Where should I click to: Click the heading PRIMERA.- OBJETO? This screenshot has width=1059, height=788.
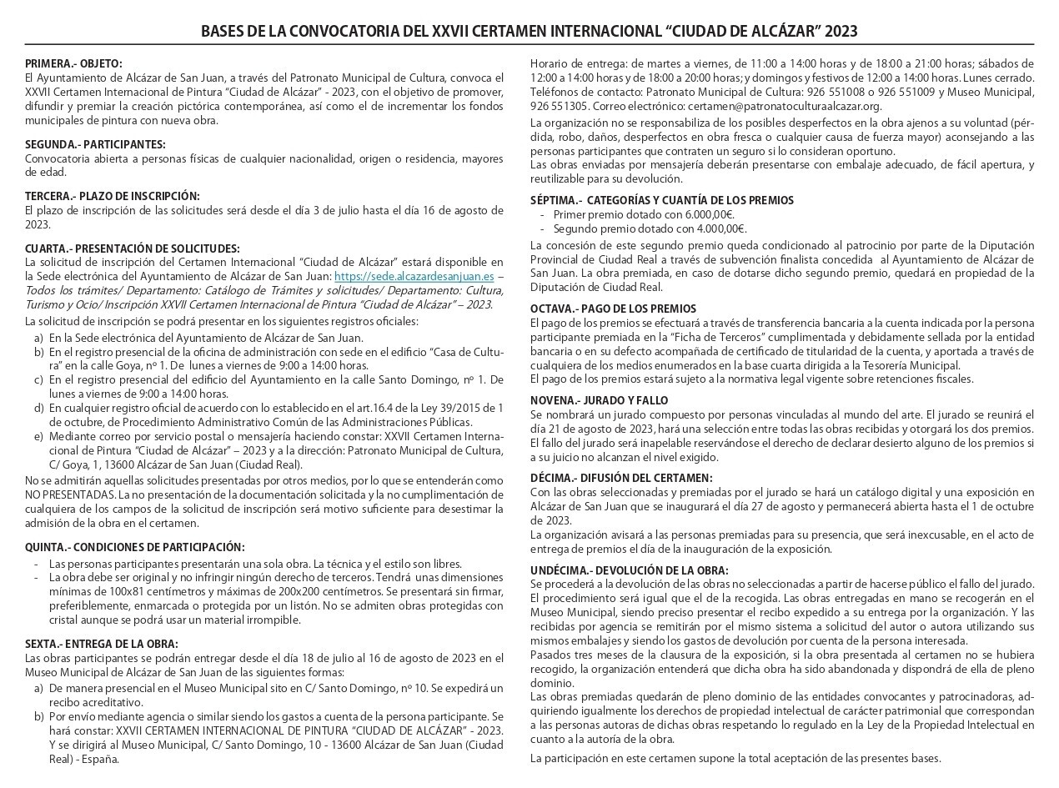(x=73, y=63)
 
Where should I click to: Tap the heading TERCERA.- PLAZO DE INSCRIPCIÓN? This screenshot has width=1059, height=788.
(x=113, y=196)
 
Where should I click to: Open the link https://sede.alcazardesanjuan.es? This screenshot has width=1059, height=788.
(x=414, y=276)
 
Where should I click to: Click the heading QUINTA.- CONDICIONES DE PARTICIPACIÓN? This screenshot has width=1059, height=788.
(x=135, y=547)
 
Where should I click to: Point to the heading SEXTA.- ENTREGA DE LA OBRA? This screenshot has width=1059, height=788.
(x=102, y=644)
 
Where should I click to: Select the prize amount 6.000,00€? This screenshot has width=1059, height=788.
(x=709, y=214)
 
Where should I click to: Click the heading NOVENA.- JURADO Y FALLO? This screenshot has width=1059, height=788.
(x=599, y=400)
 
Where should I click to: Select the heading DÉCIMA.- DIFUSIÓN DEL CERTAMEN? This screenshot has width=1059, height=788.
(x=621, y=478)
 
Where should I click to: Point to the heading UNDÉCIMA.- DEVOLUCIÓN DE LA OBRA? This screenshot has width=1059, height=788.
(x=630, y=570)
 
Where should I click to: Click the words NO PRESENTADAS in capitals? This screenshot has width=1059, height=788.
(x=66, y=494)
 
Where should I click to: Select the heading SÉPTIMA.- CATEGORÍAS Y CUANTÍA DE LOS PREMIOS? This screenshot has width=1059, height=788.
(x=662, y=200)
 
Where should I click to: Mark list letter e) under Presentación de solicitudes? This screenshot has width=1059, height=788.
(x=38, y=436)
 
